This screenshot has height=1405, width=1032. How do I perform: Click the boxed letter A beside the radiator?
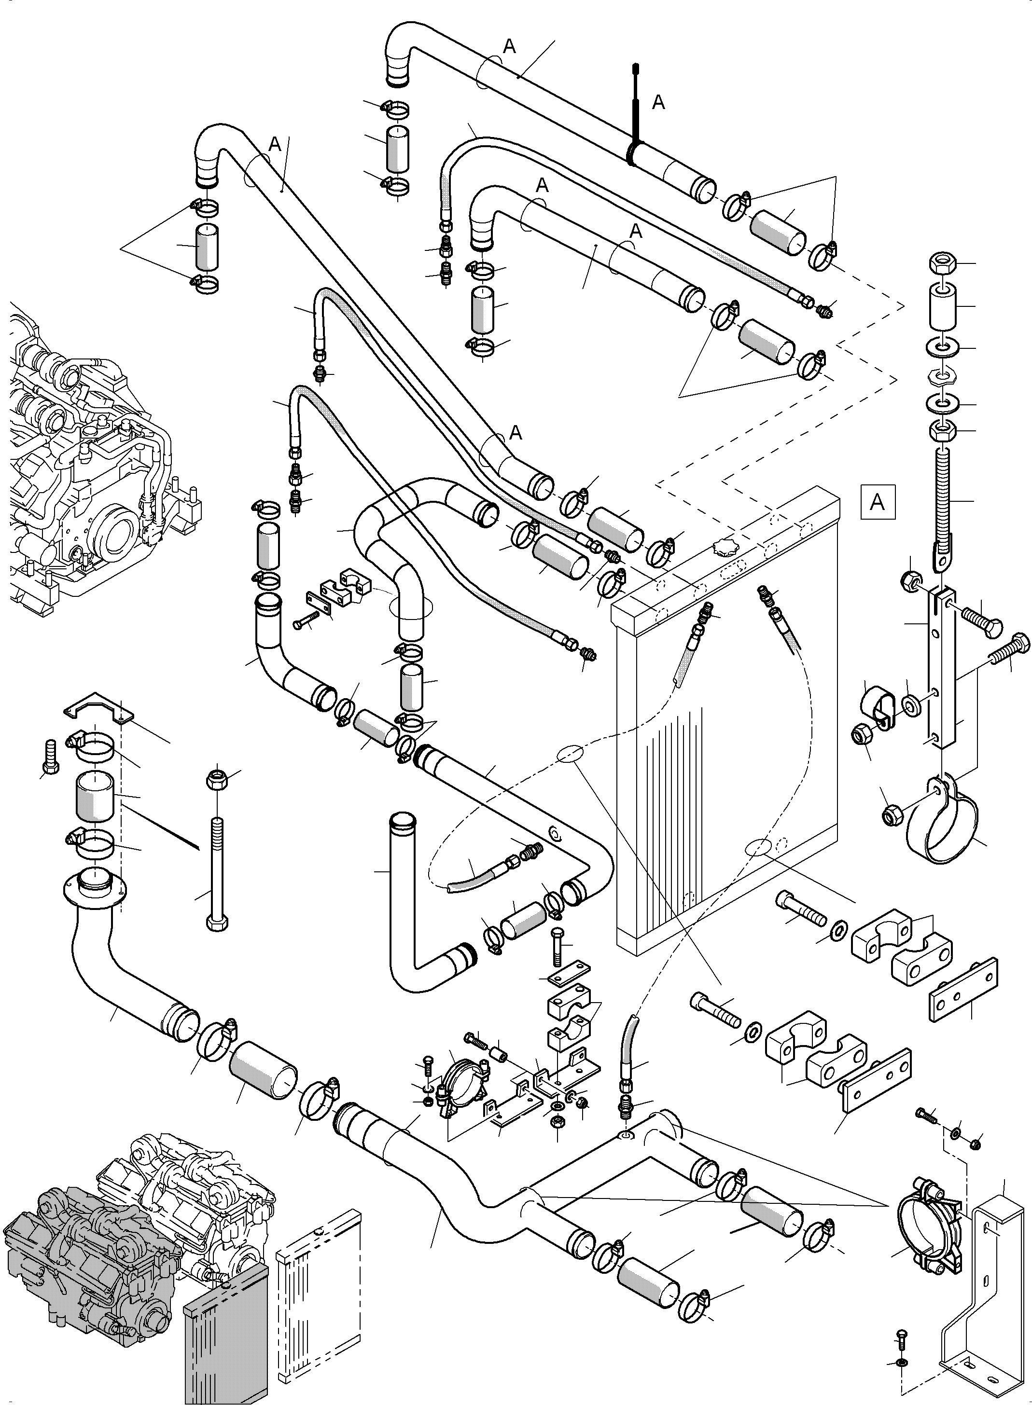877,502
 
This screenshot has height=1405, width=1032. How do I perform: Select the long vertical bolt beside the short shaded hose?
216,874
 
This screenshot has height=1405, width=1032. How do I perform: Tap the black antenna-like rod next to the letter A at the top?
635,106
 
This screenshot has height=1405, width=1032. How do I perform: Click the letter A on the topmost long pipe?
510,47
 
